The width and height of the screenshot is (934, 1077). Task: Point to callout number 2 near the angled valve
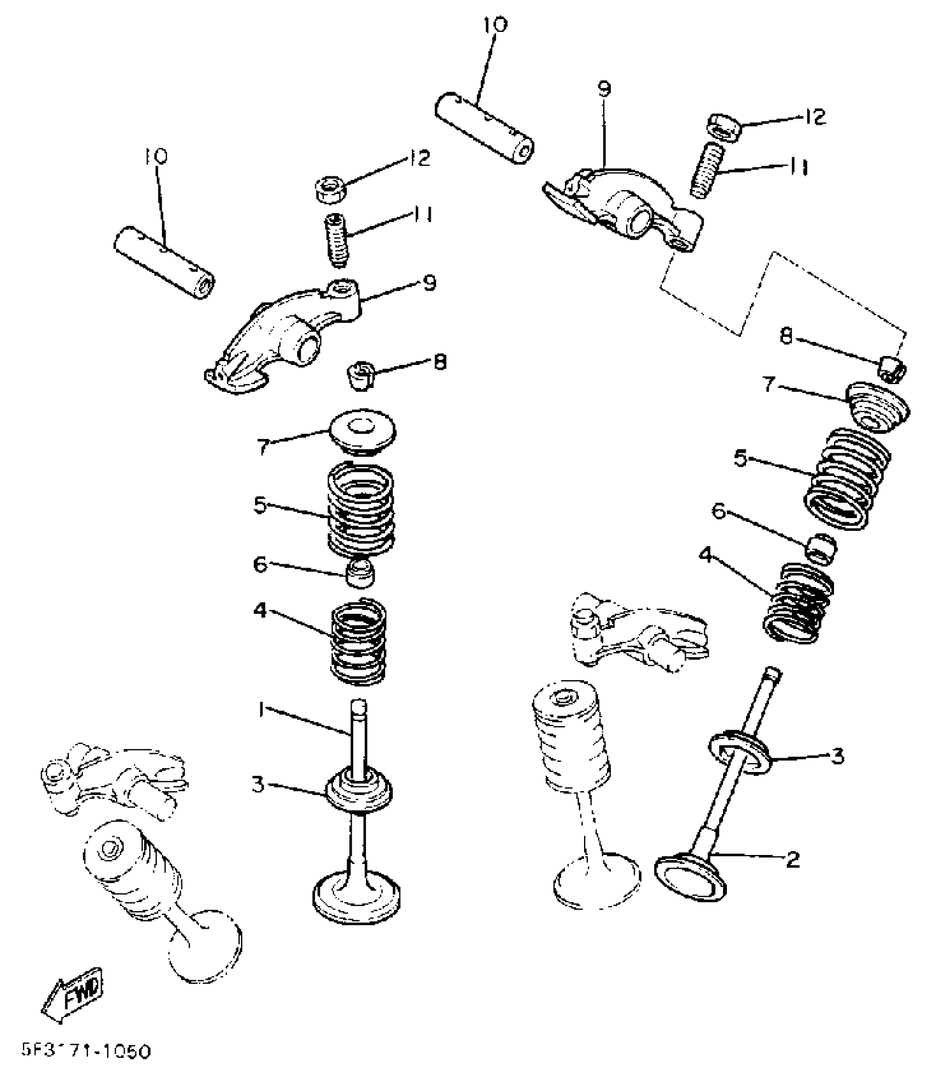[x=793, y=860]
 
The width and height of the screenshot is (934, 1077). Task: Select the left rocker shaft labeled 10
[x=165, y=263]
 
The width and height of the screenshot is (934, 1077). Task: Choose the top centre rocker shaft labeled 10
[x=486, y=128]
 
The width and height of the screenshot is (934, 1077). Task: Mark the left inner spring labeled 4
[x=358, y=642]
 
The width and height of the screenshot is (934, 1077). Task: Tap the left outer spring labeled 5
[x=360, y=508]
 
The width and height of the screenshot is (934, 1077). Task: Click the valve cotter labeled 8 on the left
[x=360, y=375]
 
